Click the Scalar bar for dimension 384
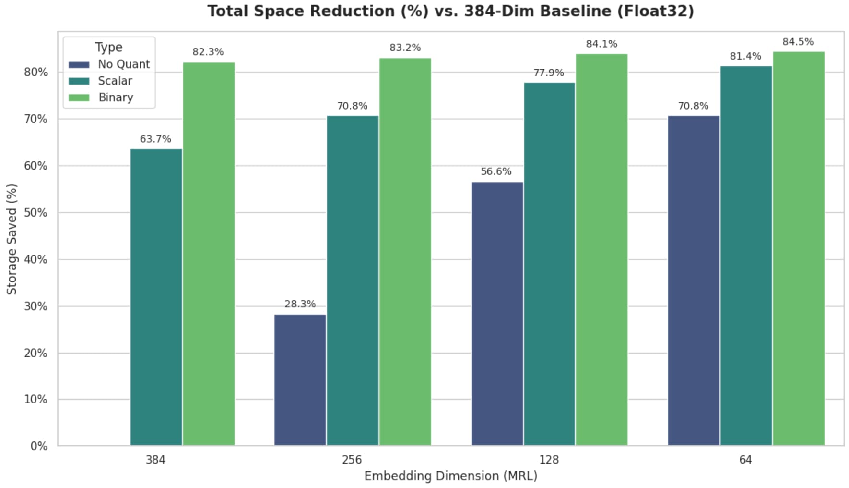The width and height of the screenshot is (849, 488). (156, 297)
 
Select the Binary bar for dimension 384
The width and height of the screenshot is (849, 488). (209, 254)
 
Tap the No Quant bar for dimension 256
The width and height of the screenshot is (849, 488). (300, 380)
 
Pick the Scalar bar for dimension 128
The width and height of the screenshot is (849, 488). (549, 264)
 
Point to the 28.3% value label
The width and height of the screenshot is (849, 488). (300, 304)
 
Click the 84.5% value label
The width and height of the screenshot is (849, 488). (798, 42)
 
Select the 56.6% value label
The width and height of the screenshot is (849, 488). (496, 171)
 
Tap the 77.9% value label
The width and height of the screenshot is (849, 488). (549, 73)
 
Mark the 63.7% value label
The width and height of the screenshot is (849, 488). (155, 139)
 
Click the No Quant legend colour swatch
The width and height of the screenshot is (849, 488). (79, 64)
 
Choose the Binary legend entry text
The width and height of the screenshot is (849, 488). (116, 98)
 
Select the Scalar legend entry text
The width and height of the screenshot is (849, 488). (115, 81)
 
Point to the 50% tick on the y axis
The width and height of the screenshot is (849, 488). (36, 213)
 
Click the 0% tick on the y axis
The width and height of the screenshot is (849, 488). (39, 446)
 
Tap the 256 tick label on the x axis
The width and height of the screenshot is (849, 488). (352, 460)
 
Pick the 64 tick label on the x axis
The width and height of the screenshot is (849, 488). (745, 460)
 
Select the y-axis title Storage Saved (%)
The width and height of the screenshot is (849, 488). (12, 239)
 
